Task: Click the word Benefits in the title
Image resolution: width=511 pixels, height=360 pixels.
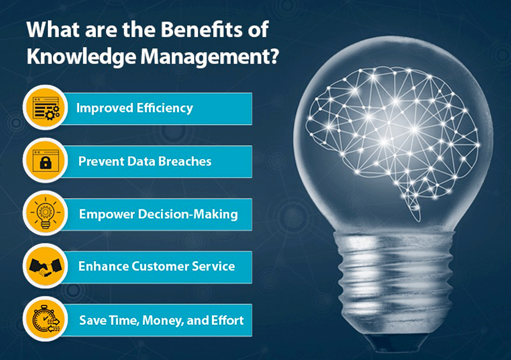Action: coord(201,29)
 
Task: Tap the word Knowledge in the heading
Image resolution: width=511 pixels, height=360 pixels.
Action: coord(81,57)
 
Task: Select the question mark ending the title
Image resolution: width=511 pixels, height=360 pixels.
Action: coord(274,56)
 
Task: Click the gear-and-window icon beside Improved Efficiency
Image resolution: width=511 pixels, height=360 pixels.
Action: coord(45,108)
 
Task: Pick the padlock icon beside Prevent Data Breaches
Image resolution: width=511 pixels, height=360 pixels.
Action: coord(45,161)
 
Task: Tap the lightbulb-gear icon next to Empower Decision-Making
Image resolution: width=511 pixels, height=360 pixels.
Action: coord(45,213)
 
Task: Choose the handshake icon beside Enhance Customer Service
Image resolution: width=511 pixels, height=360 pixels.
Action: coord(45,266)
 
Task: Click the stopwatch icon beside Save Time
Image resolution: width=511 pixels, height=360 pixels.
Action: coord(45,319)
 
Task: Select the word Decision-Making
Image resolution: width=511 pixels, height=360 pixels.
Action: coord(188,214)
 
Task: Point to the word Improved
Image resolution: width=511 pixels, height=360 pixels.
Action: coord(105,108)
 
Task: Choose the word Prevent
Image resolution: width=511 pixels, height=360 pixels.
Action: coord(101,161)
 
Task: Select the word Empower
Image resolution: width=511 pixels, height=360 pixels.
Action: coord(107,214)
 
